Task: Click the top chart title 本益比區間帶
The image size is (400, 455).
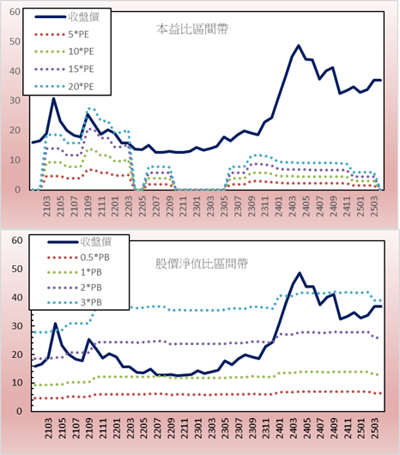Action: [192, 29]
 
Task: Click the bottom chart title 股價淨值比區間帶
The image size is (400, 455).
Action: [202, 264]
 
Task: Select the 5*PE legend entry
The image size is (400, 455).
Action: [62, 34]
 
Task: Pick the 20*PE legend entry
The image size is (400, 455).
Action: [64, 87]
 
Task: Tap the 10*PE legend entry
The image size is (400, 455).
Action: [64, 52]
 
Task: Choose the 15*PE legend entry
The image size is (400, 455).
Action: [64, 69]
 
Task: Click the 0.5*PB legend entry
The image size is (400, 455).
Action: [78, 258]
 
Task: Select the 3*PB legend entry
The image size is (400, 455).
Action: [75, 302]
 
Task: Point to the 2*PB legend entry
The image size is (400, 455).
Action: [75, 288]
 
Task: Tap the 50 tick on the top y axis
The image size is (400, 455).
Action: [15, 41]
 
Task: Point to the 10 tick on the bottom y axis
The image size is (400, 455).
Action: [17, 383]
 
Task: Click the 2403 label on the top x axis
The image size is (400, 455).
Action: [293, 206]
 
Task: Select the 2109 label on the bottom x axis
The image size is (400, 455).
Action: [89, 428]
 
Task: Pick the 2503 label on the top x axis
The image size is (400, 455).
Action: [374, 206]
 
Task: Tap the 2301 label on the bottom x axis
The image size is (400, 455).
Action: [198, 428]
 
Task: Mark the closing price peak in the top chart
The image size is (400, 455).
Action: [299, 45]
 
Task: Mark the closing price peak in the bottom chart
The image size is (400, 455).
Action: [300, 273]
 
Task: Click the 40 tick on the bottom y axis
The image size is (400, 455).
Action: [17, 298]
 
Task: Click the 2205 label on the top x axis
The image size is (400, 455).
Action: [142, 206]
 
